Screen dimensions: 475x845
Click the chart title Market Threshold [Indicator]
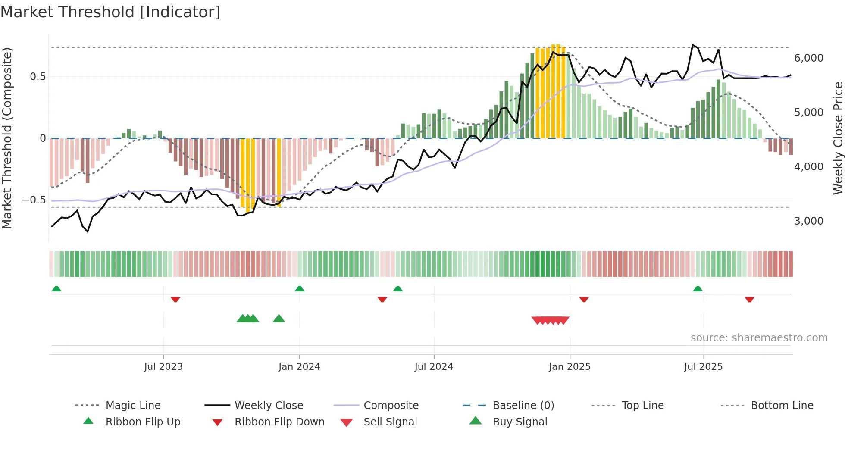point(110,12)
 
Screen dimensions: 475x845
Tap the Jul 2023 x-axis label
point(163,367)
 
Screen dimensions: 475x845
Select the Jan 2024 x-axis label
point(299,367)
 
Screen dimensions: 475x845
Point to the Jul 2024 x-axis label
point(434,367)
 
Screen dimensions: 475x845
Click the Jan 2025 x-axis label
point(570,367)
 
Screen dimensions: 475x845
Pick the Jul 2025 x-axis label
point(703,367)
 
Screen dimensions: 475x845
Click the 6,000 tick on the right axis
point(808,58)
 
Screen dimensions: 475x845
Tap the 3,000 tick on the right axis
point(808,221)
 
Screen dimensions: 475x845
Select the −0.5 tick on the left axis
point(34,200)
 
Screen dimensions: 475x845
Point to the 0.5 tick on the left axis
point(38,77)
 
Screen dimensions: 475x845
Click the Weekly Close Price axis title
point(838,138)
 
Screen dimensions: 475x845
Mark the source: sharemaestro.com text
point(759,338)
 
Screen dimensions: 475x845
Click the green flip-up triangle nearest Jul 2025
point(698,289)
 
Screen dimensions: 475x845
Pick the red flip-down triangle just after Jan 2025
point(584,299)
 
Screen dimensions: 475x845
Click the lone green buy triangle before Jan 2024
point(279,319)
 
